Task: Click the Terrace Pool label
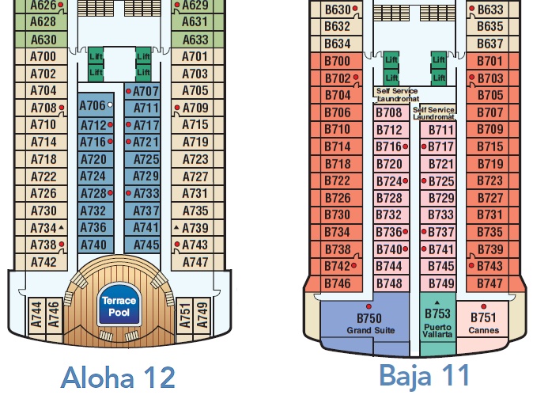point(118,306)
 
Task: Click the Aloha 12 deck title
point(117,376)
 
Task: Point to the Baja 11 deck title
point(424,374)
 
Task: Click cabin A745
point(146,245)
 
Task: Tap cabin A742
point(43,262)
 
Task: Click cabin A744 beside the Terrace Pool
point(36,315)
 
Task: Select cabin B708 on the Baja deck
point(389,113)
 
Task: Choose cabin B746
point(338,283)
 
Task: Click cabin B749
point(440,283)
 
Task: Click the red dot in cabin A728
point(110,193)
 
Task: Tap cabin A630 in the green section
point(43,40)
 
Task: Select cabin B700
point(338,61)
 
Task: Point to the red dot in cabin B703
point(472,78)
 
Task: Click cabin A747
point(195,262)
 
